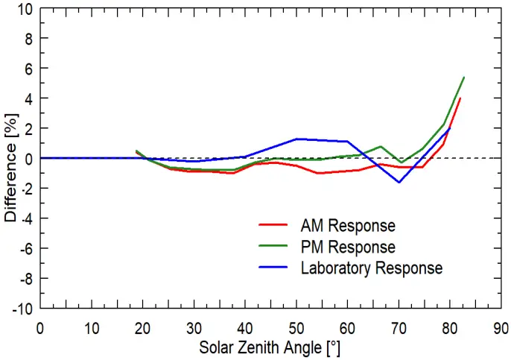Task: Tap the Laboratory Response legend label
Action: (371, 267)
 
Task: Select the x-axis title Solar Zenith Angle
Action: (270, 347)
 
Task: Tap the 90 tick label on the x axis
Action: (501, 327)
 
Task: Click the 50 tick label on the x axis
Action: (296, 327)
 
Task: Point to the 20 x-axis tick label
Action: (142, 327)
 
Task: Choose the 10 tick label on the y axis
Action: (27, 8)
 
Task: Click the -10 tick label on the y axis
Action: (24, 309)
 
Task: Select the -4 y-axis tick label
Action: (27, 218)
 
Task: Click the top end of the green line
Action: (464, 77)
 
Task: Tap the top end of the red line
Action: (460, 98)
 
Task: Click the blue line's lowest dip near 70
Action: (399, 182)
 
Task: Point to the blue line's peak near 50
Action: (296, 139)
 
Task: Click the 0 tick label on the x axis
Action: (39, 327)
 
